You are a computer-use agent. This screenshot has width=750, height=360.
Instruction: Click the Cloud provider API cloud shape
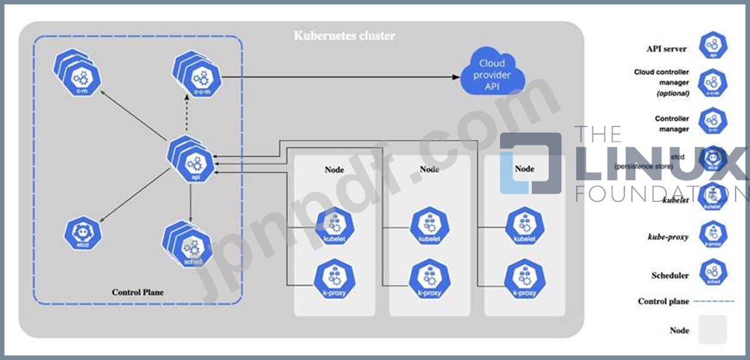click(x=492, y=74)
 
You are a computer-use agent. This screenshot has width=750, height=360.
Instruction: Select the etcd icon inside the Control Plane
click(x=82, y=233)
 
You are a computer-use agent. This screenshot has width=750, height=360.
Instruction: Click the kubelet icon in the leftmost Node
click(x=334, y=227)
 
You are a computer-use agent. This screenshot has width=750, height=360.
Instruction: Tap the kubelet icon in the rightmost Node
click(x=525, y=227)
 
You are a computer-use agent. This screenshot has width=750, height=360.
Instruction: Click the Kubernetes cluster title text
click(x=344, y=35)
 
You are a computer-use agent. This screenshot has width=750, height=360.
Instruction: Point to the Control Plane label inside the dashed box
click(x=138, y=292)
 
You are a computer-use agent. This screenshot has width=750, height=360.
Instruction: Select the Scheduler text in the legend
click(x=670, y=275)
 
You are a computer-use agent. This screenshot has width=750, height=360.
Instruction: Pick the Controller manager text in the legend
click(x=672, y=123)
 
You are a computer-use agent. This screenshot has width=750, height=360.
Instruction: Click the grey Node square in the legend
click(x=712, y=330)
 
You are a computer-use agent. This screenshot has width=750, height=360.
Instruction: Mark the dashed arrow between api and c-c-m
click(x=191, y=116)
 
